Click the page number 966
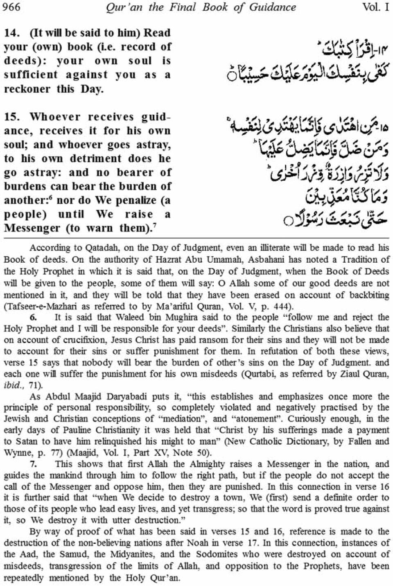pyautogui.click(x=11, y=7)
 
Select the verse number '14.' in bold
pyautogui.click(x=13, y=33)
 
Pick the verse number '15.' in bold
pyautogui.click(x=13, y=117)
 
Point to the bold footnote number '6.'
pyautogui.click(x=34, y=317)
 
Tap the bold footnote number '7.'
pyautogui.click(x=34, y=464)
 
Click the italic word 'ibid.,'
pyautogui.click(x=12, y=385)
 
